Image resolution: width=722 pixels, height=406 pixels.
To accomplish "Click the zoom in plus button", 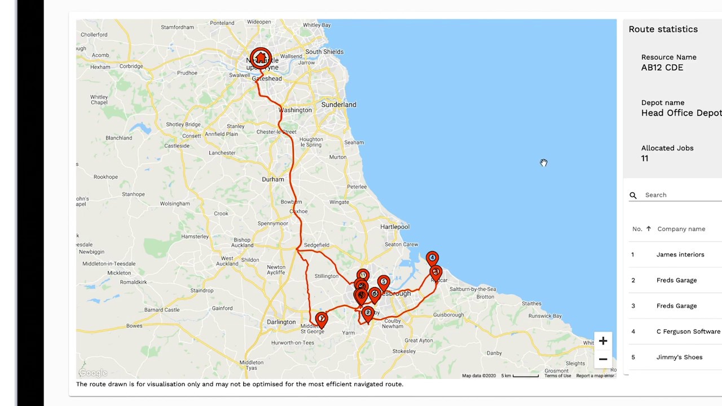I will [603, 341].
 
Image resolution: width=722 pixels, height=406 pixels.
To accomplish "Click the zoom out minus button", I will [603, 359].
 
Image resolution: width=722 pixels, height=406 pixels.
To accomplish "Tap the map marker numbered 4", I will [432, 258].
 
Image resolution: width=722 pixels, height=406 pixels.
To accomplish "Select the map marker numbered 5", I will [384, 281].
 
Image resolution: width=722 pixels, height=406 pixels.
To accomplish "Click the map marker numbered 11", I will [363, 275].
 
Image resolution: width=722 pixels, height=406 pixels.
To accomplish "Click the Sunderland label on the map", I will [338, 104].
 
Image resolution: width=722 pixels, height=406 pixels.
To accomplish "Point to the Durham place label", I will [273, 179].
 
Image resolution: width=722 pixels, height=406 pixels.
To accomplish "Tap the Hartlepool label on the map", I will [395, 227].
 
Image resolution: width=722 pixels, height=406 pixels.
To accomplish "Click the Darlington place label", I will [281, 322].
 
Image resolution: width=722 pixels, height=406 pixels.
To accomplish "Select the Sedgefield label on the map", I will [316, 245].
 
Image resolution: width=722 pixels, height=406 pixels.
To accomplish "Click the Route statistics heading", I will [663, 29].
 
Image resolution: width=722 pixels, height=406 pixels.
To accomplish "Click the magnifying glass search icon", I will [633, 195].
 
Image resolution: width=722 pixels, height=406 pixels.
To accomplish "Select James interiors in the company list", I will [680, 254].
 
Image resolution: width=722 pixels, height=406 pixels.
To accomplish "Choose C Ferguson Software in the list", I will [688, 332].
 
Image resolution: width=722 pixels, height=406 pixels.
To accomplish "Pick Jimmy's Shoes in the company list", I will [679, 357].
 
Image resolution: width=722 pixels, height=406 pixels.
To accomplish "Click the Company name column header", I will [681, 229].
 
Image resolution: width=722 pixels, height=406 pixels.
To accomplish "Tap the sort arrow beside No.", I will [648, 229].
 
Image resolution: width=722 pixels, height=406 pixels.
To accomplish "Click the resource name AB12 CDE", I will [662, 68].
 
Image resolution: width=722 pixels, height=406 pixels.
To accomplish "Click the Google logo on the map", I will [93, 373].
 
